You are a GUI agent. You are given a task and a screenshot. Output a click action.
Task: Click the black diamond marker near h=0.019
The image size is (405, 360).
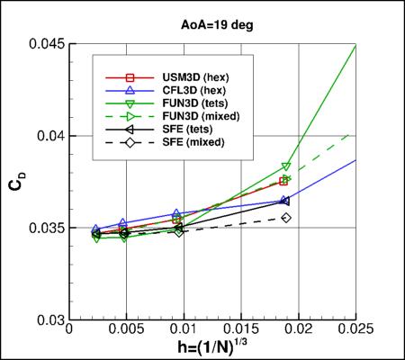coord(286,218)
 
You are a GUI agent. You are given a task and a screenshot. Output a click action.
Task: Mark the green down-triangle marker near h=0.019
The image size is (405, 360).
coord(286,166)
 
